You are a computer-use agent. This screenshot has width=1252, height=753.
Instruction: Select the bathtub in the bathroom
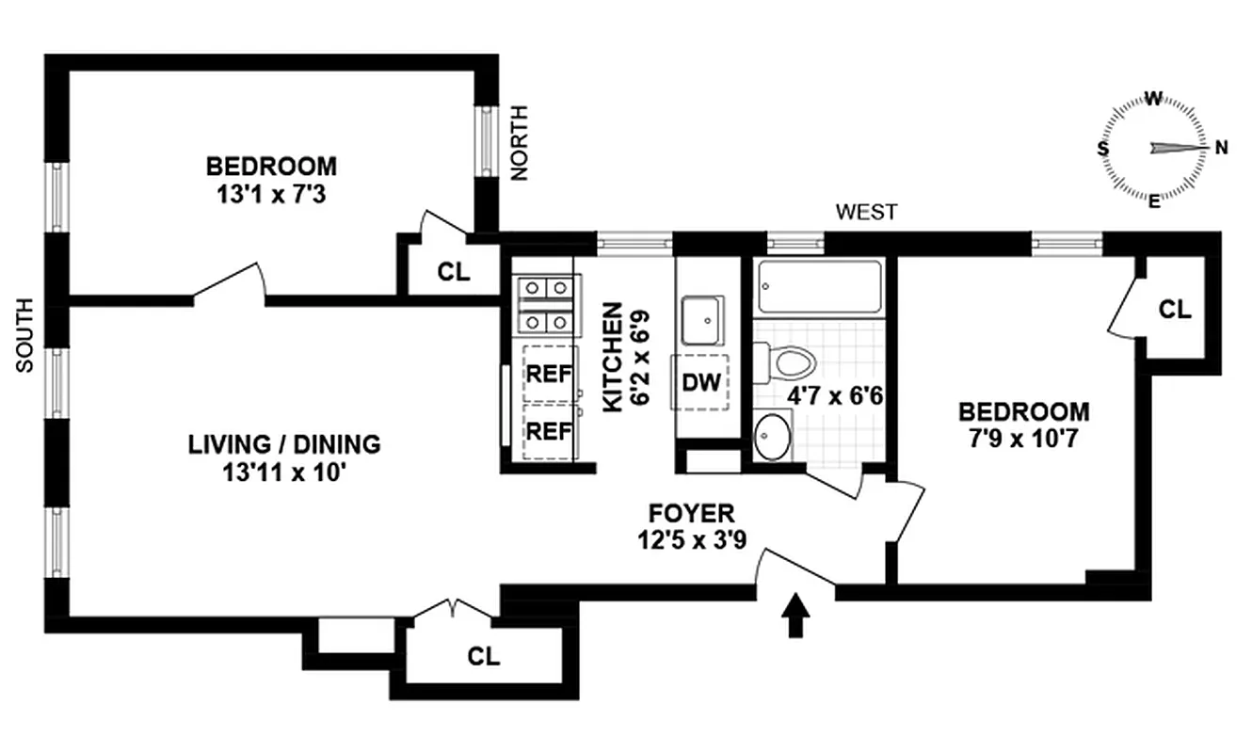point(819,287)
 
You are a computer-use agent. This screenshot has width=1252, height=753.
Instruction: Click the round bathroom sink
point(774,439)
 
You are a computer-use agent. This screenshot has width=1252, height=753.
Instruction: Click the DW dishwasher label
point(700,382)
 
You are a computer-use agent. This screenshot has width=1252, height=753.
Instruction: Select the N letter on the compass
point(1222,147)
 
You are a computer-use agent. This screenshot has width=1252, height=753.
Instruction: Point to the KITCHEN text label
point(612,356)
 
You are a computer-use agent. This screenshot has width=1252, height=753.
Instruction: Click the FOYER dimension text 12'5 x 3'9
point(691,542)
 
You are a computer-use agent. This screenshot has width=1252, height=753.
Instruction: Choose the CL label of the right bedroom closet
point(1174,309)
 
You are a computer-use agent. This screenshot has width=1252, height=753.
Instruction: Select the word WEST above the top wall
point(866,213)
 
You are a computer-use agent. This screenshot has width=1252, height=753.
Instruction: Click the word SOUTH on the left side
point(25,335)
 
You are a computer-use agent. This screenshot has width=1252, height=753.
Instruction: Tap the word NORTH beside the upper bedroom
point(519,142)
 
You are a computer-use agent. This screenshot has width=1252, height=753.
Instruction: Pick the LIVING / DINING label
point(283,443)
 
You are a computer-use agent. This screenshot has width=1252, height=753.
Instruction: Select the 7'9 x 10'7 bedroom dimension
point(1024,439)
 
